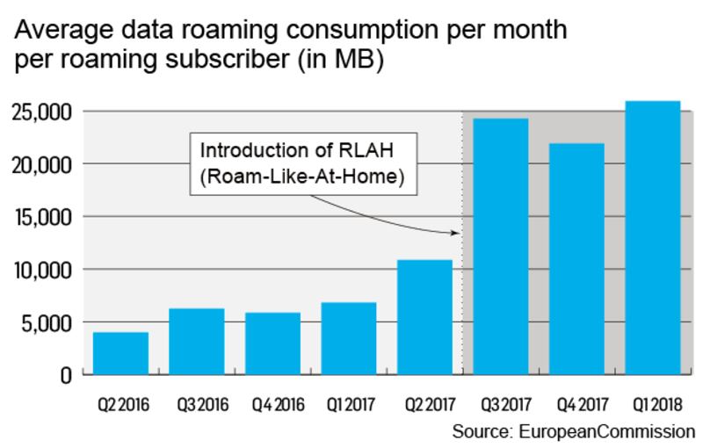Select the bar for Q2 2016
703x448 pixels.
point(120,353)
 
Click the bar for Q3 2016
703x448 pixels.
point(196,342)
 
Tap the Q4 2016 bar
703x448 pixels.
point(272,343)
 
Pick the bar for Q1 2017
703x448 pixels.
point(348,338)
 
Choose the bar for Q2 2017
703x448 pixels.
point(424,317)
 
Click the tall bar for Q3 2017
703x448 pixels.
point(500,247)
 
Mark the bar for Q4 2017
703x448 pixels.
point(576,259)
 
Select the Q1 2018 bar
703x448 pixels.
point(652,238)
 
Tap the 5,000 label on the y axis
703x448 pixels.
point(47,322)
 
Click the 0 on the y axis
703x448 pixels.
point(65,375)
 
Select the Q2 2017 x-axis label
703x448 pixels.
point(424,406)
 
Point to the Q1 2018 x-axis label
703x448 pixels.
point(652,406)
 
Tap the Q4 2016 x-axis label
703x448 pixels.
point(272,406)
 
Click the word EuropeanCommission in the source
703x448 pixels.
point(608,431)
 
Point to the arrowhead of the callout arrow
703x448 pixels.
point(458,233)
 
